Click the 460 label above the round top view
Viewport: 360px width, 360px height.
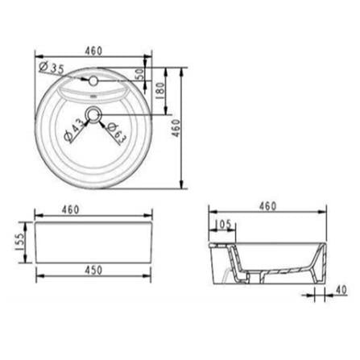(x=93, y=51)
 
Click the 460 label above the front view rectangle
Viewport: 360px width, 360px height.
(x=71, y=209)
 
